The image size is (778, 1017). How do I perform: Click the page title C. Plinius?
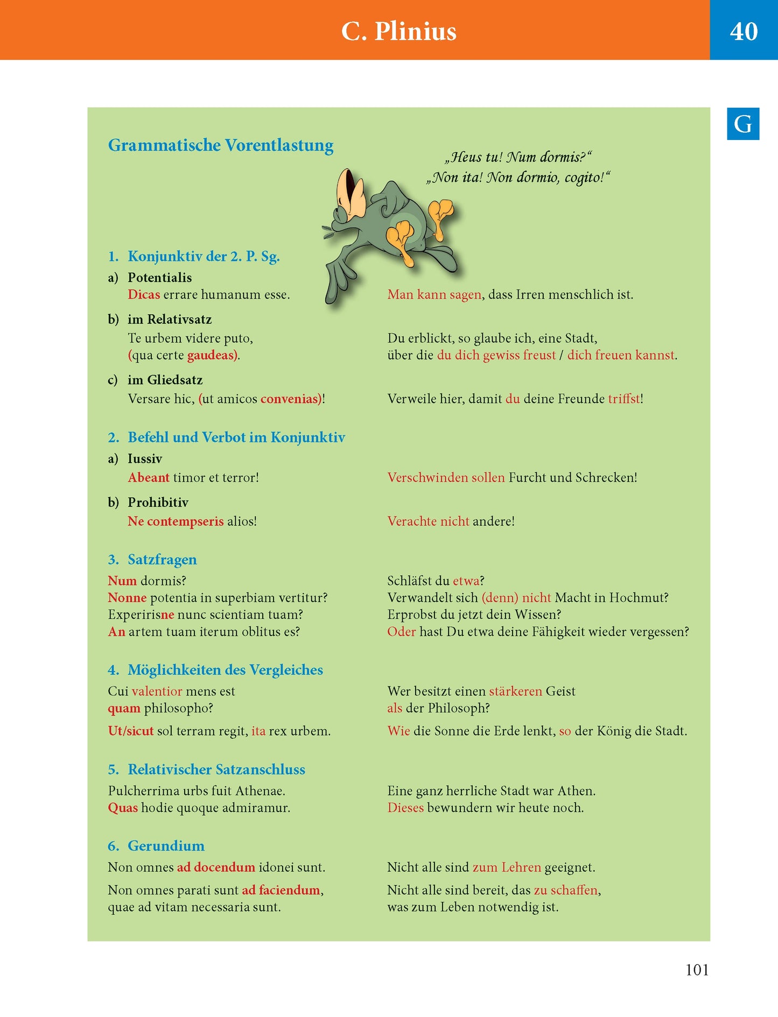(398, 31)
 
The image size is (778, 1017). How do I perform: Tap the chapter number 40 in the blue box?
(744, 31)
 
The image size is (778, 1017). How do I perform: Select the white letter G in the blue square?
(742, 124)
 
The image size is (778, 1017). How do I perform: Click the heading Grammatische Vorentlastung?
(221, 145)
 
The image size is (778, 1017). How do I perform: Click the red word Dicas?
(144, 295)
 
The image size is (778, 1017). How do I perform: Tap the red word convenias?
(290, 399)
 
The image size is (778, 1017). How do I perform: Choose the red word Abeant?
(149, 478)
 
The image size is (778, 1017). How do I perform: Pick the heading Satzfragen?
(162, 560)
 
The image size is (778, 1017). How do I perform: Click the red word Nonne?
(127, 598)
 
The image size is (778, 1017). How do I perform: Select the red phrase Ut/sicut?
(131, 731)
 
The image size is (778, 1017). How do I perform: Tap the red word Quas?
(123, 808)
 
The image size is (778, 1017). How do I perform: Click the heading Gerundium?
(166, 846)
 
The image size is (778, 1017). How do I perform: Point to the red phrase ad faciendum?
(281, 890)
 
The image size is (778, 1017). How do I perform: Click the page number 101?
(697, 970)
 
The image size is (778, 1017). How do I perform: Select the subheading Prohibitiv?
(158, 503)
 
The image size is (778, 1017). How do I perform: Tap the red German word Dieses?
(405, 808)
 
